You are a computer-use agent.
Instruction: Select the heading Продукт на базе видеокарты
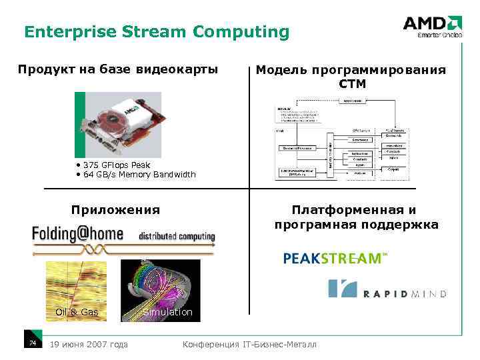pyautogui.click(x=117, y=69)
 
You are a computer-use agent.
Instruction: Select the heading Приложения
pyautogui.click(x=115, y=210)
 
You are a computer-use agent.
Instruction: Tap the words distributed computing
pyautogui.click(x=177, y=236)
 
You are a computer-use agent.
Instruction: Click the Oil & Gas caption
pyautogui.click(x=76, y=312)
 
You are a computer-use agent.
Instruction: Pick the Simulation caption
pyautogui.click(x=167, y=312)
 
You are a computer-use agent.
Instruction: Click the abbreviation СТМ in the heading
pyautogui.click(x=351, y=85)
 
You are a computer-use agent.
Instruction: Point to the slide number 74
pyautogui.click(x=31, y=343)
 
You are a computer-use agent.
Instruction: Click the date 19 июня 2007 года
pyautogui.click(x=89, y=344)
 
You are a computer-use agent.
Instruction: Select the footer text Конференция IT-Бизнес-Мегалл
pyautogui.click(x=249, y=344)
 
